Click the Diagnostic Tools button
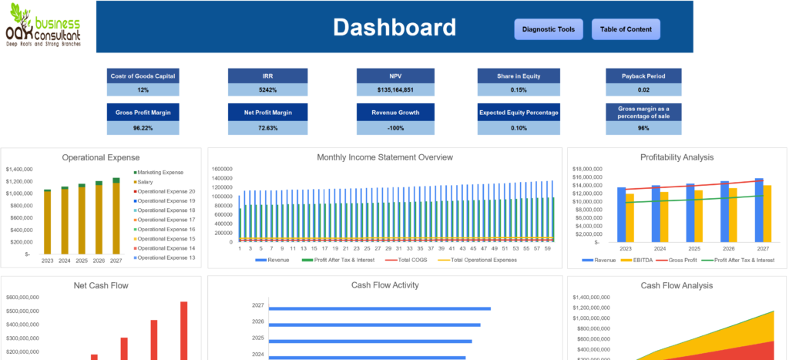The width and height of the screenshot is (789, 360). [x=548, y=29]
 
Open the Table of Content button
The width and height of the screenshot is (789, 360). [x=626, y=29]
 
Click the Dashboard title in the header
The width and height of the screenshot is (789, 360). [x=394, y=28]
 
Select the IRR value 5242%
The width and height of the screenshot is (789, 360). [x=268, y=89]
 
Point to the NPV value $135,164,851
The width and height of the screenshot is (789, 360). [x=395, y=89]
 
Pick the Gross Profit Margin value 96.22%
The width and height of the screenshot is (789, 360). [x=143, y=127]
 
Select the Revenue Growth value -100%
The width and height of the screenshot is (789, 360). [x=395, y=127]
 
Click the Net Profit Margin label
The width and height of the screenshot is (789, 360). [x=268, y=113]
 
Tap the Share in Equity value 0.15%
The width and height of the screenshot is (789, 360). [x=519, y=89]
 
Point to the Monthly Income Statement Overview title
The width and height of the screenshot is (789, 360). [x=384, y=157]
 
